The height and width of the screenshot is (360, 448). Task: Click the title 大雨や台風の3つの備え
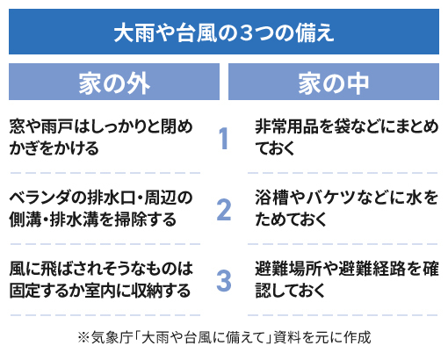[224, 32]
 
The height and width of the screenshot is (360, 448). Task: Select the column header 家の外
[114, 83]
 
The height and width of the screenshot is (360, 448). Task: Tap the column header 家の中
[334, 83]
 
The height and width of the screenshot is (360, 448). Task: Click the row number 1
[224, 138]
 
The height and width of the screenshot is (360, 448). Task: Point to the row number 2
[224, 210]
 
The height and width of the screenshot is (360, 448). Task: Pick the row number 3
[224, 281]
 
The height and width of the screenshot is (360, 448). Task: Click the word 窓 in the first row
[17, 126]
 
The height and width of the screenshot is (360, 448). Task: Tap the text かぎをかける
[54, 148]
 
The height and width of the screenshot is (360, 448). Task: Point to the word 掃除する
[146, 220]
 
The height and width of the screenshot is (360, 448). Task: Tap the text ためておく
[291, 220]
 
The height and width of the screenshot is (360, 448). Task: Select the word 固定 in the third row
[25, 291]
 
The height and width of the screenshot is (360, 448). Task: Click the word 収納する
[161, 291]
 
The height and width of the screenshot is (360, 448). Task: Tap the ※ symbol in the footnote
[83, 338]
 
